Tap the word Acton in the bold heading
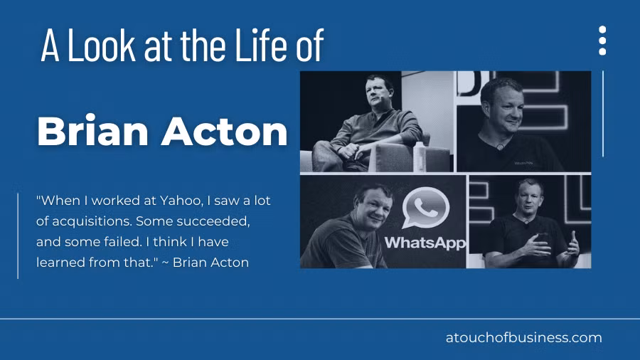coord(225,132)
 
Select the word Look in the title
coord(101,45)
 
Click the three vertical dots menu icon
coord(602,41)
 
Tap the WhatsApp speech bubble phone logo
coord(425,207)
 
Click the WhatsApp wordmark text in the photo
coord(425,243)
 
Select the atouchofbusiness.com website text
coord(523,338)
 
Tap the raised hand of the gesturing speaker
coord(572,243)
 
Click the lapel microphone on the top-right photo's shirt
coord(500,146)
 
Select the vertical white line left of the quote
coord(18,236)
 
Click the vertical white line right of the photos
coord(603,114)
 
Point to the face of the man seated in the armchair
coord(377,91)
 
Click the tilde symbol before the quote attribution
coord(165,263)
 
